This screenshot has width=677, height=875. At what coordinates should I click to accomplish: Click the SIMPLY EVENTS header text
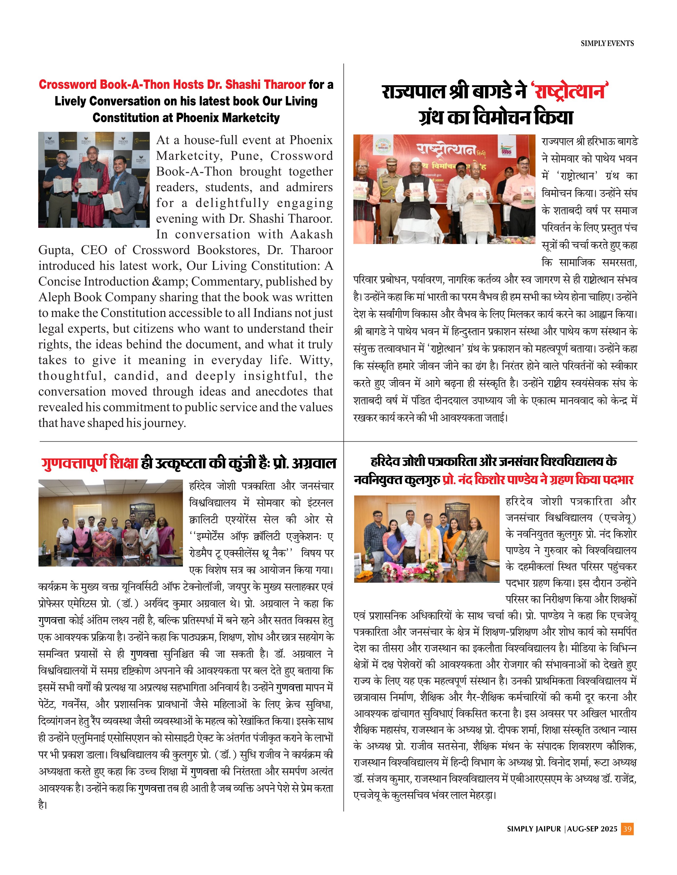[607, 43]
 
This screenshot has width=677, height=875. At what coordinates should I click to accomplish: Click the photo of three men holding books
[94, 180]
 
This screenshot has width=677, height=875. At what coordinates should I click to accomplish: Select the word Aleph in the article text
[55, 297]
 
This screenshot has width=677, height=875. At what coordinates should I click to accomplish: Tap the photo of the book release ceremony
[444, 189]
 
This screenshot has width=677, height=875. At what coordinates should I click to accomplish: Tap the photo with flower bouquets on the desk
[426, 539]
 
